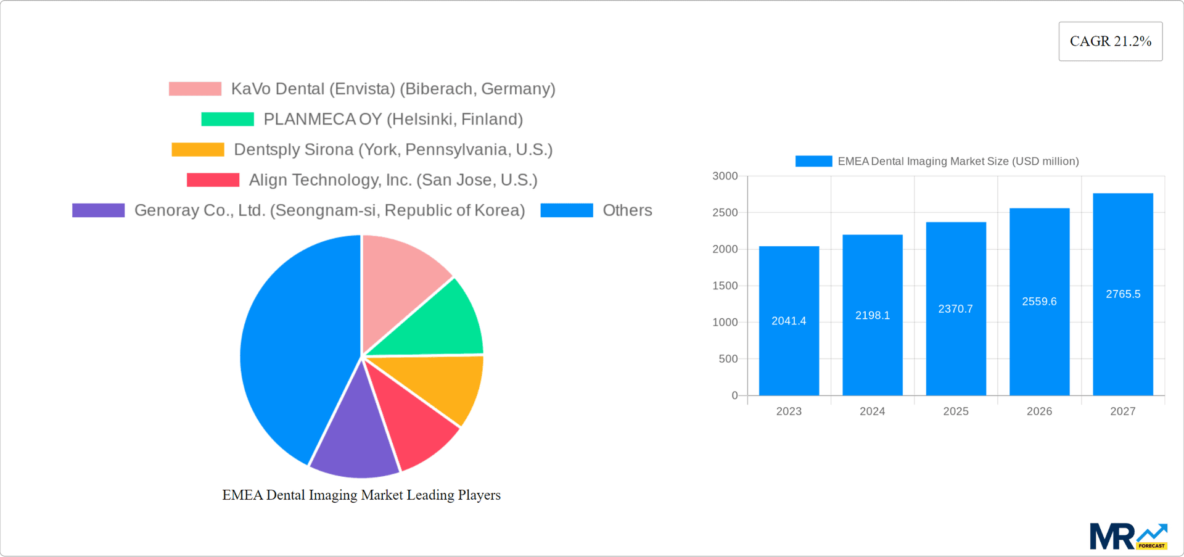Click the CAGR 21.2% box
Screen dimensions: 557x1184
(1110, 41)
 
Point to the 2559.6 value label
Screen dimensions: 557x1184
(1039, 302)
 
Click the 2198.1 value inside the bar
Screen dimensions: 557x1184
(872, 315)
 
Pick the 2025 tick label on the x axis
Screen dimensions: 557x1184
(955, 411)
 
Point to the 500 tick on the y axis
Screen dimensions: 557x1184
(728, 359)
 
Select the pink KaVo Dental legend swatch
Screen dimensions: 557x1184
(195, 89)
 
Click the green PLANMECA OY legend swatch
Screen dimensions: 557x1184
(227, 119)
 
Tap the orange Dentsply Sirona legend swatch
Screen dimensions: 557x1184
(197, 149)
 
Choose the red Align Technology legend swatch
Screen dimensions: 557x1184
(213, 179)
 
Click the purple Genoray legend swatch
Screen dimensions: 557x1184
(98, 210)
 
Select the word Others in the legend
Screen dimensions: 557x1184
(627, 210)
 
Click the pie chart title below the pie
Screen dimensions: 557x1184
(361, 495)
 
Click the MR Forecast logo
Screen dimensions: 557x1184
(1128, 537)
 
